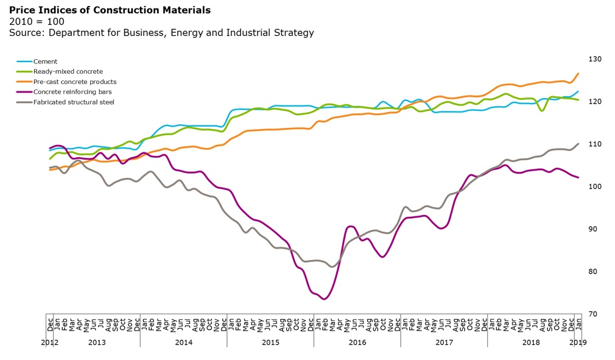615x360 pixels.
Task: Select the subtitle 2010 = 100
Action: pos(37,21)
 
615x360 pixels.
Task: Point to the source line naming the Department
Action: pos(161,32)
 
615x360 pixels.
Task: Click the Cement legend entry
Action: pos(46,62)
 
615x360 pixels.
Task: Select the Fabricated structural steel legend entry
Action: pos(74,102)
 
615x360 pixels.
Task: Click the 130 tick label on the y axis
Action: pos(595,59)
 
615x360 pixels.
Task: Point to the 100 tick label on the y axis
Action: pos(595,186)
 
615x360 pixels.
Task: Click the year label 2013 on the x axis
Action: pos(97,342)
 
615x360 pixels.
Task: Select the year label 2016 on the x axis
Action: pos(357,342)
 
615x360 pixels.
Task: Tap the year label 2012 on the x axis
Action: pos(49,342)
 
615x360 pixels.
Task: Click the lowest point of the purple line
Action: pos(324,299)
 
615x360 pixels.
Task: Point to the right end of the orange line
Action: pos(578,74)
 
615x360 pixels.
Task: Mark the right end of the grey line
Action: pos(578,144)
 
